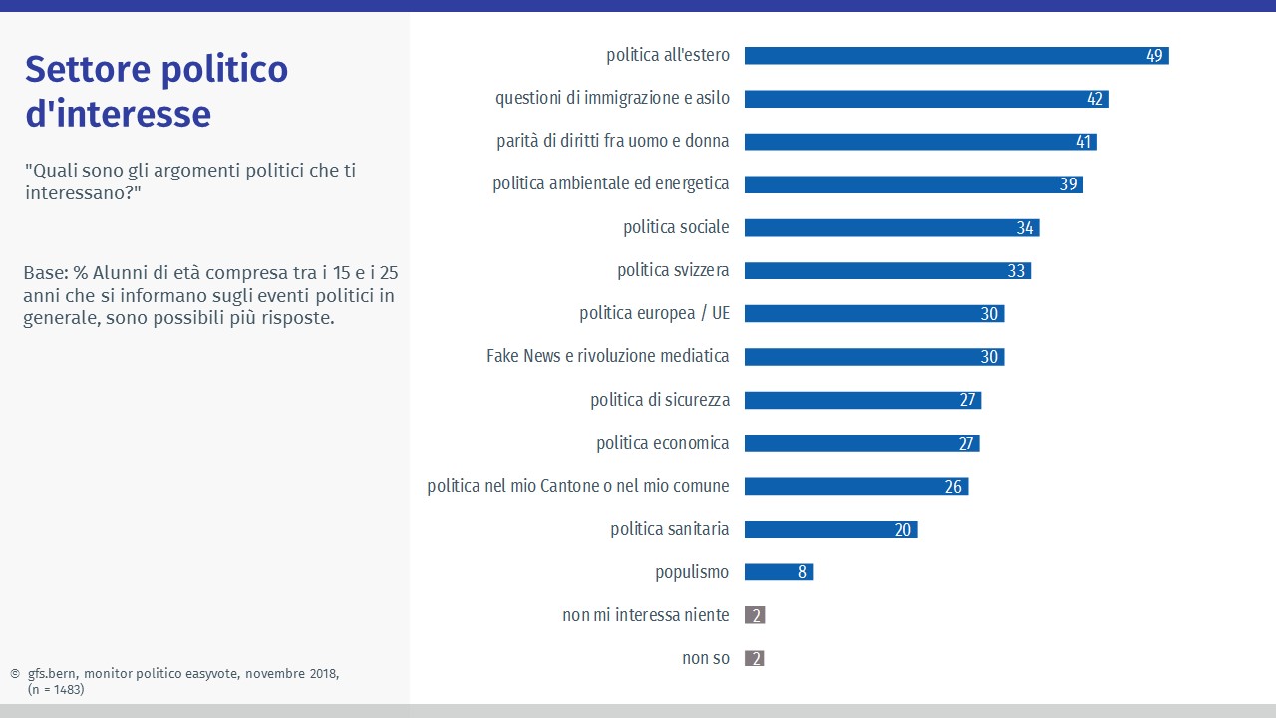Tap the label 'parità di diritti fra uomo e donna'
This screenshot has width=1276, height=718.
(612, 142)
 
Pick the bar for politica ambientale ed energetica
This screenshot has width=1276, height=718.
(912, 184)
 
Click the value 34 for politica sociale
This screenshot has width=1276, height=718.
(1025, 228)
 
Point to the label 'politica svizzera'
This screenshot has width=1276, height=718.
(673, 271)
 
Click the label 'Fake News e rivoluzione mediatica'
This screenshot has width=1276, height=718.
(607, 356)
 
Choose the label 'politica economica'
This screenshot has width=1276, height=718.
(662, 443)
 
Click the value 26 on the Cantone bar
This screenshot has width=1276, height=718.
(953, 487)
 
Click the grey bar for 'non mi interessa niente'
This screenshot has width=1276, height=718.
(755, 615)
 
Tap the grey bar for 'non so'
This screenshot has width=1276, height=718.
(755, 658)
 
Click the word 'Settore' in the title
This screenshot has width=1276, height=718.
(91, 70)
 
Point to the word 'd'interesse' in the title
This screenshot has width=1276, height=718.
(118, 114)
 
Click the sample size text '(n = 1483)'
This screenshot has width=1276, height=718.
(55, 689)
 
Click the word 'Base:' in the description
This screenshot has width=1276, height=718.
(45, 273)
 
